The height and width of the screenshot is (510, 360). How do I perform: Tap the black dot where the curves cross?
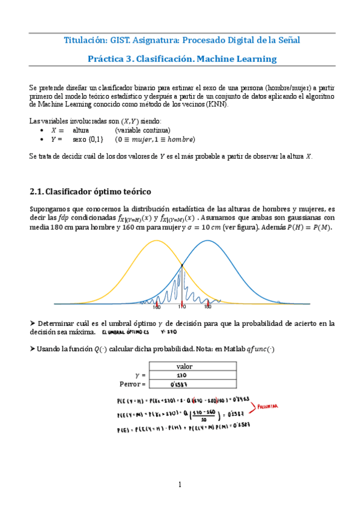[x=182, y=266]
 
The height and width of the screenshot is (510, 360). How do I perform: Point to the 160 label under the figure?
[x=157, y=307]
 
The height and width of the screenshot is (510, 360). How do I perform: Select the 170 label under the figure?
[x=182, y=307]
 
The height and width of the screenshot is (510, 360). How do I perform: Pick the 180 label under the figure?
[x=207, y=307]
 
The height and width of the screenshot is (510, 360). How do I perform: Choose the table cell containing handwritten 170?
[x=185, y=375]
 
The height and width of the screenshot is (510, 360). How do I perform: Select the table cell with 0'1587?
[x=185, y=384]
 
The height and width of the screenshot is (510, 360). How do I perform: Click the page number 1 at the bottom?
[x=179, y=485]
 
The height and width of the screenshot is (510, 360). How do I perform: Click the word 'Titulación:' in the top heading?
[x=85, y=40]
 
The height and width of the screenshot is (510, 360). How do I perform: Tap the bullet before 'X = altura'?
[x=41, y=130]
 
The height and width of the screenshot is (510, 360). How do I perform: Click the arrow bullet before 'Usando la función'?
[x=32, y=349]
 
